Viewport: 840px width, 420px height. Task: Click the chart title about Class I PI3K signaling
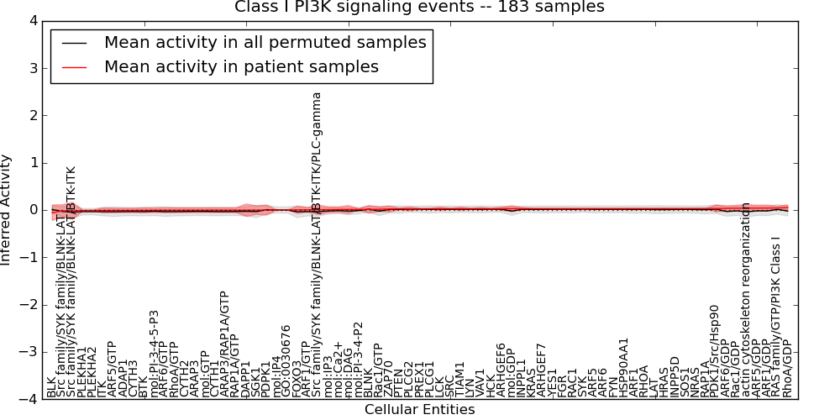(419, 8)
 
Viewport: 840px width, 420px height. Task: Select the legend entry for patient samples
(241, 66)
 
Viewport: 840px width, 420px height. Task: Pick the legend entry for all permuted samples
(265, 42)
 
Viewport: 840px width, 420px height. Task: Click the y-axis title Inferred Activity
(8, 210)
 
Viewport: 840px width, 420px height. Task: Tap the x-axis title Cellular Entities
(419, 410)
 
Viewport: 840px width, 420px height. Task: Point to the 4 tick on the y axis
(31, 20)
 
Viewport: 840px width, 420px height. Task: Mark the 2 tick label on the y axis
(31, 115)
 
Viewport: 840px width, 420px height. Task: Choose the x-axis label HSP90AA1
(624, 367)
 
